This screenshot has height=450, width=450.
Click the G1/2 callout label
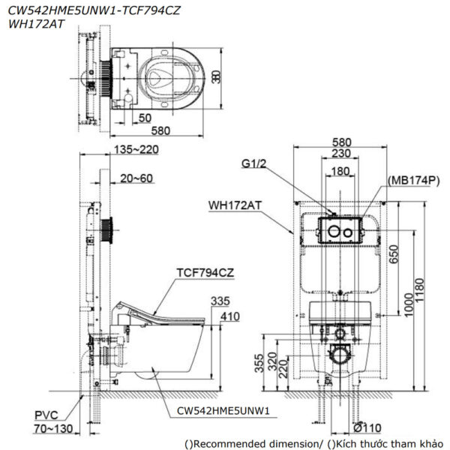[253, 163]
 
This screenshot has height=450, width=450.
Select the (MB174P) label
[413, 181]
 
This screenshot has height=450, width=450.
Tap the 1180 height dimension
[419, 289]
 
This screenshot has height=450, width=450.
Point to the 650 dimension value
[394, 254]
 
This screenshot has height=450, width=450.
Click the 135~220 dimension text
[136, 149]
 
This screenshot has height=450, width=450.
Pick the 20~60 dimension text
[136, 178]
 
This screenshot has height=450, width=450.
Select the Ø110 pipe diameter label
[367, 428]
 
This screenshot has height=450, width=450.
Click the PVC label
[46, 415]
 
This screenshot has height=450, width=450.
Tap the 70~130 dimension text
[53, 429]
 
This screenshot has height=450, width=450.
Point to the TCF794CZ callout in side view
[205, 273]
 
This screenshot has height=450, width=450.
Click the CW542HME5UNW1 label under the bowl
[223, 411]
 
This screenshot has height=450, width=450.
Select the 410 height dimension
[230, 316]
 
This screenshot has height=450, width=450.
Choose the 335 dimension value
[220, 301]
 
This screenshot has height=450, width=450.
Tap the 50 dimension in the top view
[145, 118]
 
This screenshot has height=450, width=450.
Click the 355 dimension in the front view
[259, 363]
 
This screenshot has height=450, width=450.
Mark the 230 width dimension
[341, 153]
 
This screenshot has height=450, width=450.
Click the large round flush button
[334, 231]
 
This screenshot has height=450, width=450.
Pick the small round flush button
[348, 232]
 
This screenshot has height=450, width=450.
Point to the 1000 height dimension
[409, 304]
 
